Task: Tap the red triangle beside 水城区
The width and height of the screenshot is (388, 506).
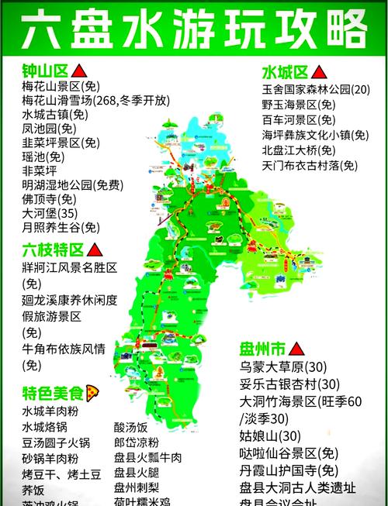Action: pos(318,73)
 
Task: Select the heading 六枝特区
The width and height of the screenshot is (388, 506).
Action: pos(51,250)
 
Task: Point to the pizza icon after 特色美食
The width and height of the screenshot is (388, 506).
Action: pos(92,391)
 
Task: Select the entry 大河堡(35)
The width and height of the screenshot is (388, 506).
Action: pos(50,213)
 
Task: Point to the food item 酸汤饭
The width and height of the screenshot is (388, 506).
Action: pos(130,427)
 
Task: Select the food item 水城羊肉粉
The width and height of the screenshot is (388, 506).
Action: pos(51,411)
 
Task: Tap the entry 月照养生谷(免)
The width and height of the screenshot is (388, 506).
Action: pos(61,228)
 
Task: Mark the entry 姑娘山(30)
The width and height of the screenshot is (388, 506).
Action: pos(271,435)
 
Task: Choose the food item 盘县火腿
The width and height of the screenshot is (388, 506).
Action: pos(136,473)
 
